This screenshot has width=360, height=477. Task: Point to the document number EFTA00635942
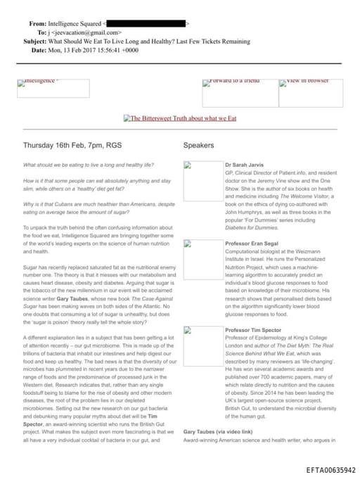click(x=331, y=469)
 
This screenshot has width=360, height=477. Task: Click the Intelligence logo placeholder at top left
click(x=53, y=88)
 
